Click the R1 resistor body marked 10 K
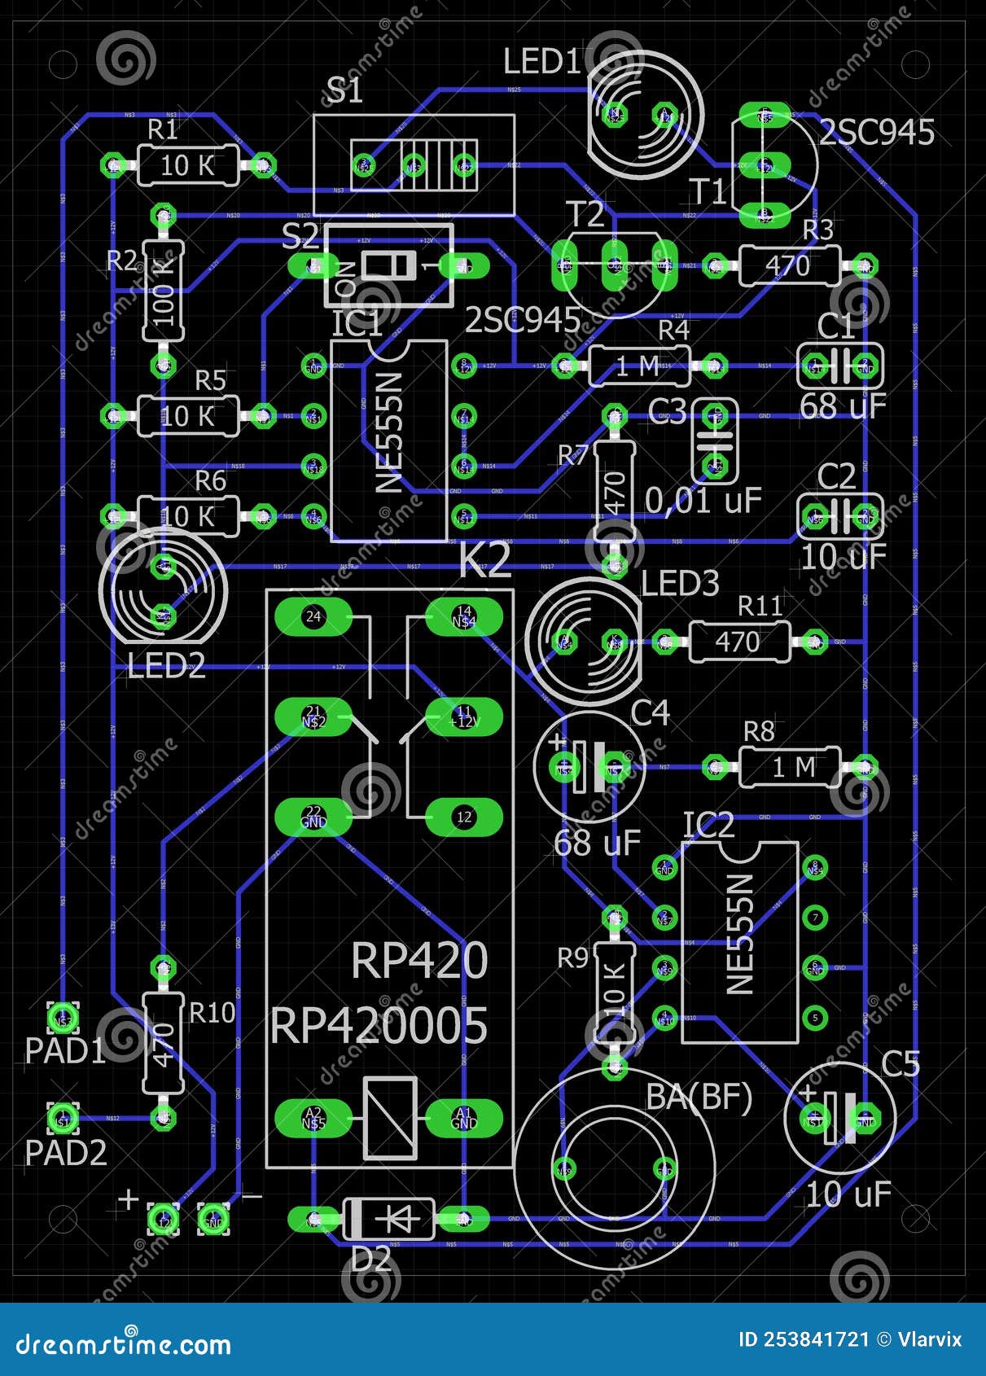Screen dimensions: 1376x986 click(x=187, y=166)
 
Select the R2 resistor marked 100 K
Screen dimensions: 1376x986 click(x=164, y=290)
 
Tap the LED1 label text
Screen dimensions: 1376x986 click(x=542, y=62)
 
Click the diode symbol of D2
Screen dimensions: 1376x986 click(x=390, y=1219)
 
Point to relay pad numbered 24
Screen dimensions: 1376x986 click(x=313, y=617)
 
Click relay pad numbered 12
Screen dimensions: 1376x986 click(x=464, y=817)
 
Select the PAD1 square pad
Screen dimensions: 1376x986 click(x=63, y=1018)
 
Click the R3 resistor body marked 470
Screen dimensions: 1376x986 click(x=788, y=266)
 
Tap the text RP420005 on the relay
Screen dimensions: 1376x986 click(x=379, y=1026)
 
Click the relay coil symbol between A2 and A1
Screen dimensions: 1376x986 click(x=390, y=1118)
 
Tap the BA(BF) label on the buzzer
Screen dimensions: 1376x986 click(x=699, y=1098)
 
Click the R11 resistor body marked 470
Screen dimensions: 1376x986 click(x=738, y=642)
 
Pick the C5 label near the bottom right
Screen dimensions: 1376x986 click(x=900, y=1065)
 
